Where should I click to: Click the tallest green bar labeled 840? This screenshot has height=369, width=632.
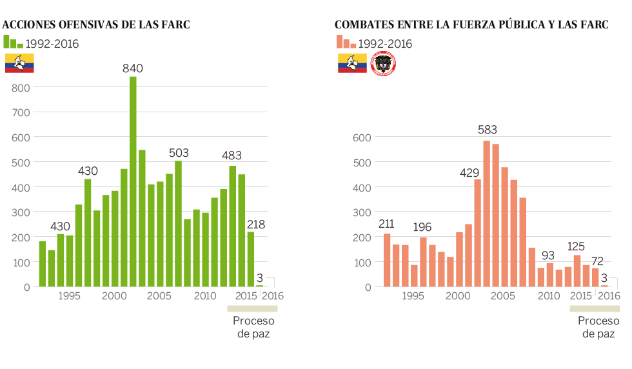133,181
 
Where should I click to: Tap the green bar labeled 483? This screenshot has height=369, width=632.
232,226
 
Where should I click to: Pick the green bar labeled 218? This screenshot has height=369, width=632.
250,259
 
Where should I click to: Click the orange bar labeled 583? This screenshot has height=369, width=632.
486,214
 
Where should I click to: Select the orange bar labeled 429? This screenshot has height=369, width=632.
477,233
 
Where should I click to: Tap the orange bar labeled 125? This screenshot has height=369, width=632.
577,271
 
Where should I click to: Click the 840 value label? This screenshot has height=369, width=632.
133,68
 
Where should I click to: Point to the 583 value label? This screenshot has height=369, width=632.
488,130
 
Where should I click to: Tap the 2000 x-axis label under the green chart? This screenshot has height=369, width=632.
114,296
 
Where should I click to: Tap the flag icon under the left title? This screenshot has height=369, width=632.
19,63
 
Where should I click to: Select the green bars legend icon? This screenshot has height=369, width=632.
13,43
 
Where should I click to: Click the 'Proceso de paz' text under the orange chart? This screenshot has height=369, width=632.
598,327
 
